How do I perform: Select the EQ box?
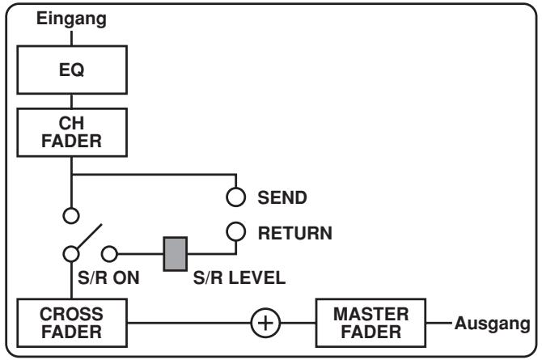pyautogui.click(x=73, y=70)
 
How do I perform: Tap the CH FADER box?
pyautogui.click(x=73, y=132)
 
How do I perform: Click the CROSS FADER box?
pyautogui.click(x=73, y=321)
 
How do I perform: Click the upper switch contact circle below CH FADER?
pyautogui.click(x=73, y=216)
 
